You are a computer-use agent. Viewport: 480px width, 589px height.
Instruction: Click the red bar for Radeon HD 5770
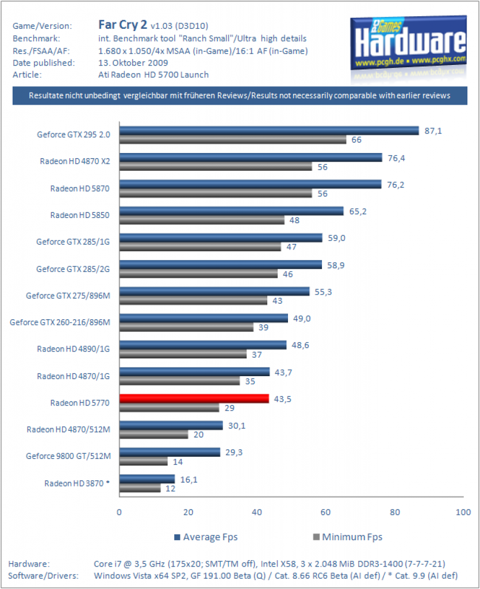tap(194, 399)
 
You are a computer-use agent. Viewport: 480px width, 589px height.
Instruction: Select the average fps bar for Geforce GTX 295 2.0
tap(269, 131)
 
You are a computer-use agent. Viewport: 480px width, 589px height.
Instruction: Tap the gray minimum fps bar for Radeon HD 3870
tap(140, 488)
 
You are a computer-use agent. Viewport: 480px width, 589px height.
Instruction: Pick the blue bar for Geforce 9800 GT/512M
tap(170, 452)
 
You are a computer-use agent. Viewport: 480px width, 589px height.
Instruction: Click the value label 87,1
tap(433, 131)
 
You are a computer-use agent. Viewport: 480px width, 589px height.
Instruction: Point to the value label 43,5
tap(283, 399)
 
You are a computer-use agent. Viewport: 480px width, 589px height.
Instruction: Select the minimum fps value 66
tap(356, 140)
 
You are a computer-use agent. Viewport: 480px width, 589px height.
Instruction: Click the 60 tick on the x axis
tap(325, 512)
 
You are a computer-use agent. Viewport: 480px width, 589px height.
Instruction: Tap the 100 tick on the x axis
tap(463, 512)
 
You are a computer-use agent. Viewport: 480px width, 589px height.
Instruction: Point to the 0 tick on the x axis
tap(119, 512)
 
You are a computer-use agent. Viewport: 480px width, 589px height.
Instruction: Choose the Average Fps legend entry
tap(206, 537)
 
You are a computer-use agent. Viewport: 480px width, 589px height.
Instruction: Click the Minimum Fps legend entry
tap(348, 537)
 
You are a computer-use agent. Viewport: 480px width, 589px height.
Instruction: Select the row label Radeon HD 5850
tap(80, 215)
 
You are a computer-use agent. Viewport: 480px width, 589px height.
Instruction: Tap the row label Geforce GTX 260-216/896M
tap(60, 322)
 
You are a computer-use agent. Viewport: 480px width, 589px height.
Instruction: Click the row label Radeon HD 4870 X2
tap(75, 161)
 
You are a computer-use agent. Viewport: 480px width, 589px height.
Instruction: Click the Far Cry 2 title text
tap(122, 24)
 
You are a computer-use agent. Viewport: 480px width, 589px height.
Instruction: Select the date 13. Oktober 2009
tap(133, 63)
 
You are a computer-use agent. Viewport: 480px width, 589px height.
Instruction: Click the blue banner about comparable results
tap(240, 95)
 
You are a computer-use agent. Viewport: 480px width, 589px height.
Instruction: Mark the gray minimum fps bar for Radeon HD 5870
tap(216, 193)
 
